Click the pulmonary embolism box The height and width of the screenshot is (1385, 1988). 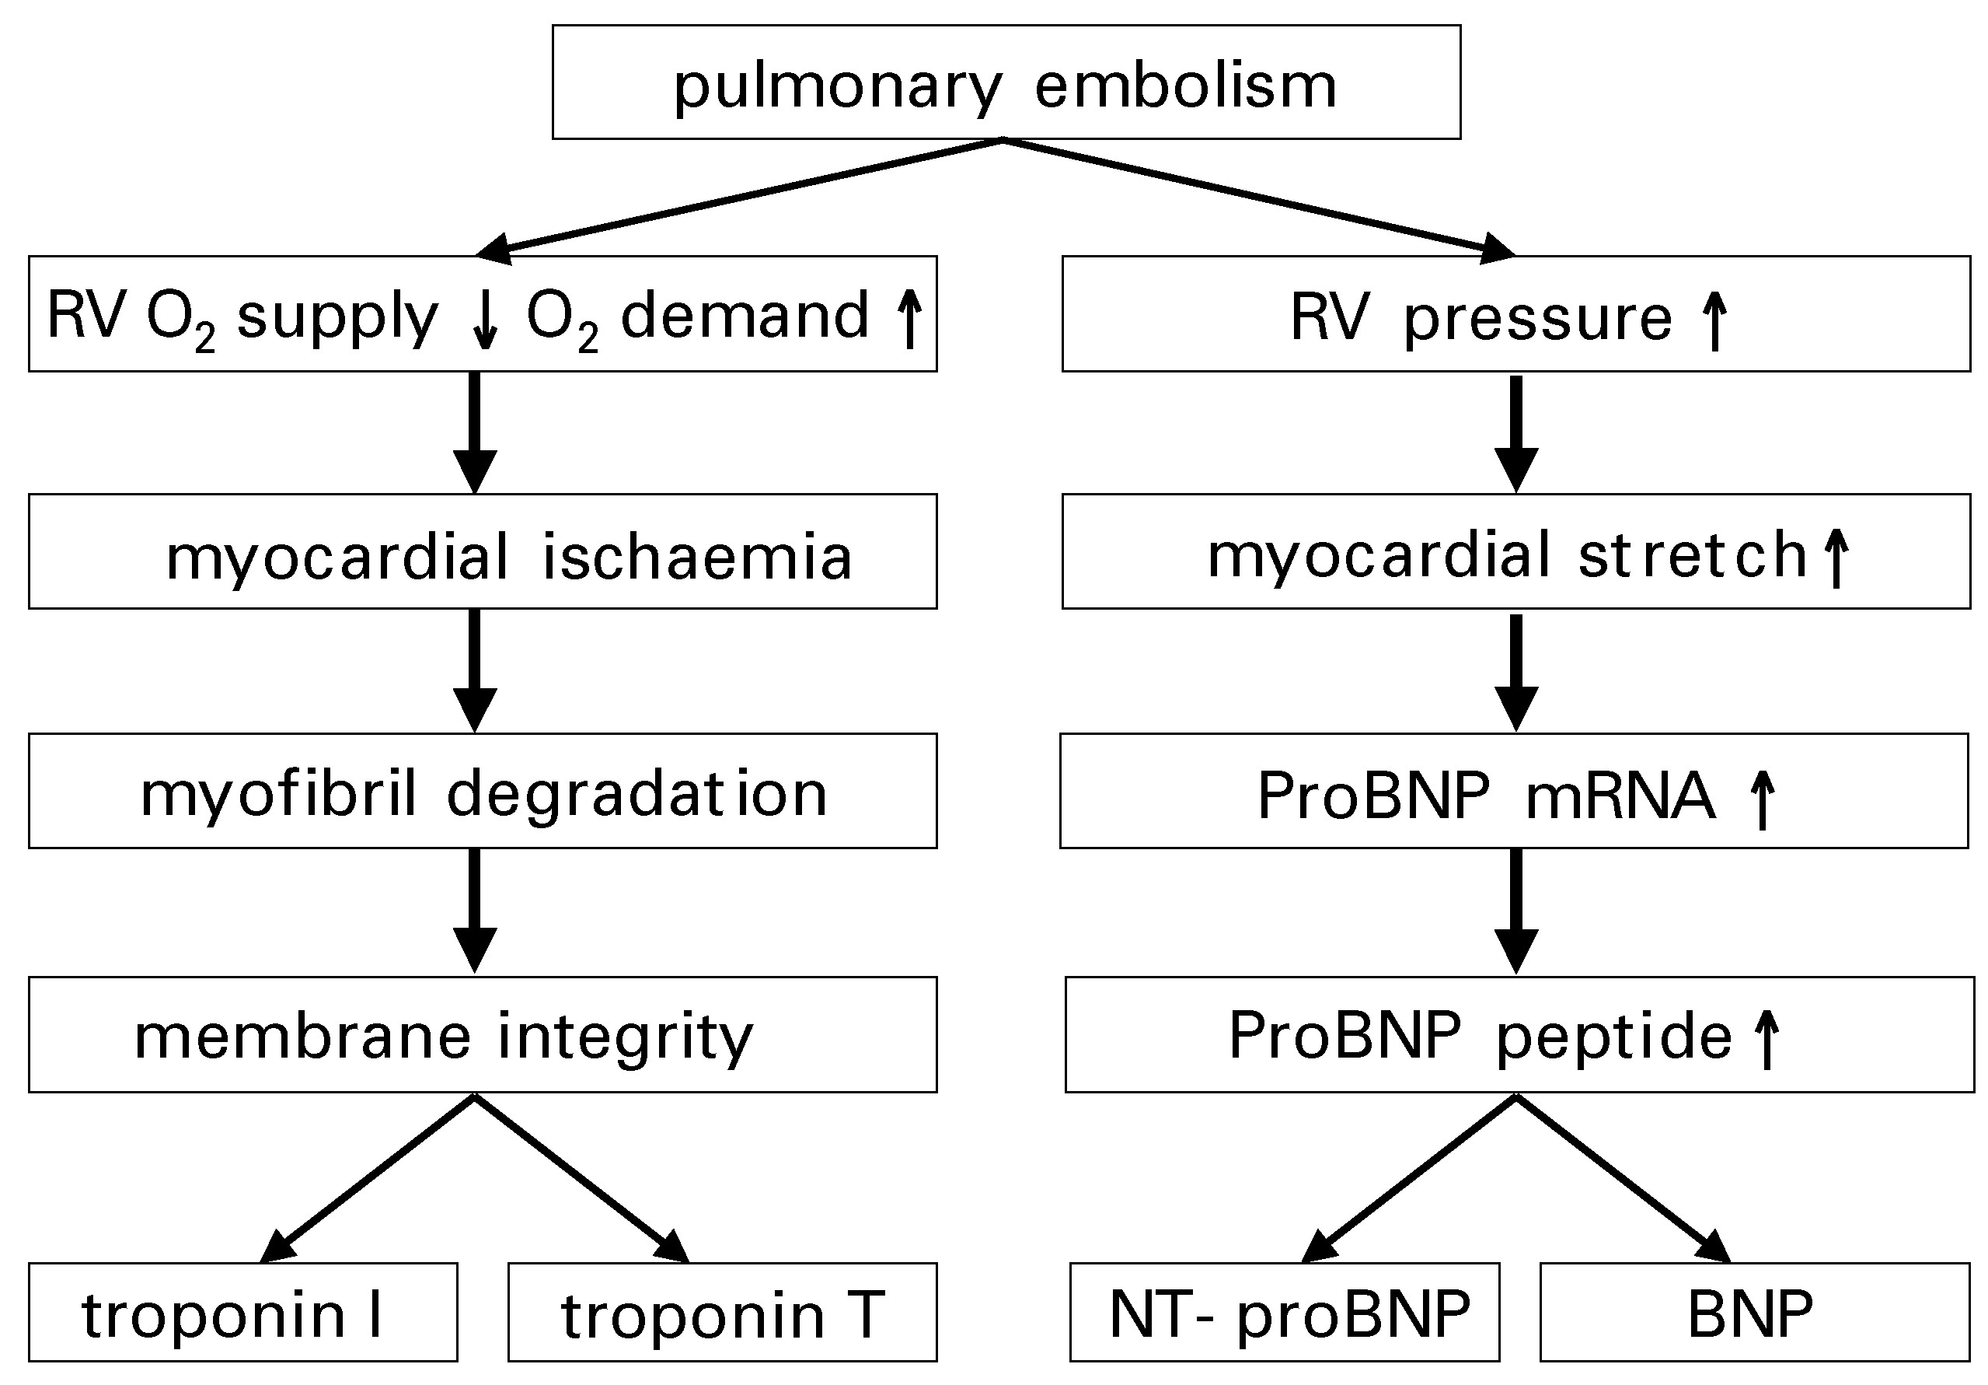(x=1006, y=82)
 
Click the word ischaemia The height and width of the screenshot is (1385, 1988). (x=697, y=556)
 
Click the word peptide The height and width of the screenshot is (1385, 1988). (x=1614, y=1037)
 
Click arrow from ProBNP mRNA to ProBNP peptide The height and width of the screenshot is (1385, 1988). (x=1516, y=910)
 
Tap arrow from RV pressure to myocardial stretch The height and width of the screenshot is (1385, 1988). (x=1516, y=432)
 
